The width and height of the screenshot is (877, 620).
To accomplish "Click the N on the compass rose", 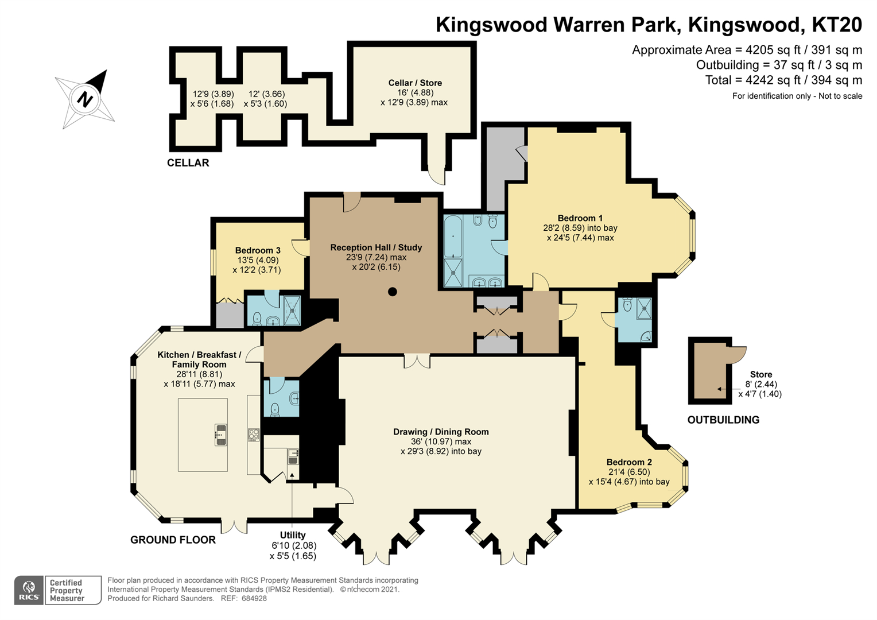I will coord(85,99).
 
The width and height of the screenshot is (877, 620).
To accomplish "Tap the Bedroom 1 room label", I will coord(580,218).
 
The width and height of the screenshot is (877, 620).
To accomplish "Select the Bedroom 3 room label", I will coord(258,250).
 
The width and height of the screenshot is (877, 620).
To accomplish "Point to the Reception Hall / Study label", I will coord(376,247).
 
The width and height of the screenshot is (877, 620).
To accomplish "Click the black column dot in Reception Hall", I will coord(393,292).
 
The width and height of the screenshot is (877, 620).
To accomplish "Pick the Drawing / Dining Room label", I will coord(441,432).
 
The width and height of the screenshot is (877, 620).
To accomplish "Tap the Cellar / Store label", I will coord(415,83).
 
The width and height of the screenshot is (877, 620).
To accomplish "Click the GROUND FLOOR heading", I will coord(173,540).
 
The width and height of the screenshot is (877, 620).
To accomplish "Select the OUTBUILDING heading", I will coord(723,420).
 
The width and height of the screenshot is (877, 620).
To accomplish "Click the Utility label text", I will coord(293,535).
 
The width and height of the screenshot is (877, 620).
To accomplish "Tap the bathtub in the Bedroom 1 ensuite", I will coord(453,235).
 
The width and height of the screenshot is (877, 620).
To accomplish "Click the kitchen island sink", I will coord(220,435).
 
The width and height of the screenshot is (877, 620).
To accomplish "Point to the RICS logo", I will coord(29,590).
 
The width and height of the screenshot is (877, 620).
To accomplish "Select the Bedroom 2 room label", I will coord(629,462).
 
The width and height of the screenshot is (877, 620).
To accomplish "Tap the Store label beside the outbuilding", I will coord(760,374).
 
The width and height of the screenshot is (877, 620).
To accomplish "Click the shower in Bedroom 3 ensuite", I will coord(292,311).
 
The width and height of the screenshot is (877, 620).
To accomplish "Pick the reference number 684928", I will coord(254,598).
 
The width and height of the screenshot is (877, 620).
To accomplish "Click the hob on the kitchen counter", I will coord(254,435).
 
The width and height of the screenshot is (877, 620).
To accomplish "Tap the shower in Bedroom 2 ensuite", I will coord(645,308).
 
